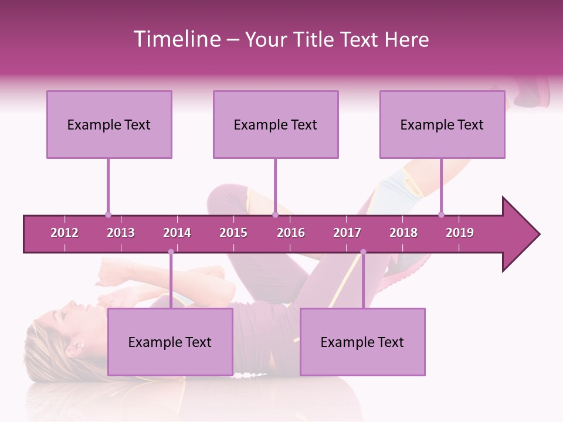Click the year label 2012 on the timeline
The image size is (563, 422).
coord(65,233)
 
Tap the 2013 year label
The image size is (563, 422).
coord(121,233)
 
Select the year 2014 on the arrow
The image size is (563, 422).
coord(177,233)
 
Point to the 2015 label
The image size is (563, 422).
coord(233,233)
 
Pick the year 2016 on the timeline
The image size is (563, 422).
coord(291,233)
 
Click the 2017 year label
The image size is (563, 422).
coord(347,233)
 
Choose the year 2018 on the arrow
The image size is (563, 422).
coord(403,233)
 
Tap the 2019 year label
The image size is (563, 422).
coord(460,233)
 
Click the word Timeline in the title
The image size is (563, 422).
coord(176,39)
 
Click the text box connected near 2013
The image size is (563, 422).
coord(109,124)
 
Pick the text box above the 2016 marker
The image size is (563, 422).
coord(276,124)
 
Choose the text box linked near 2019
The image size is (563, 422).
coord(442,124)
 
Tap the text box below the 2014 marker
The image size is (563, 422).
coord(170,342)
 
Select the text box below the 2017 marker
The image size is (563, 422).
coord(362,342)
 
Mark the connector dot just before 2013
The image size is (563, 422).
coord(108,215)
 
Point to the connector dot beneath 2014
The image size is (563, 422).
coord(171,252)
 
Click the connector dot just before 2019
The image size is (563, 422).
coord(441,215)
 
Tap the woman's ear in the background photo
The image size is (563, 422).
coord(73,349)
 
